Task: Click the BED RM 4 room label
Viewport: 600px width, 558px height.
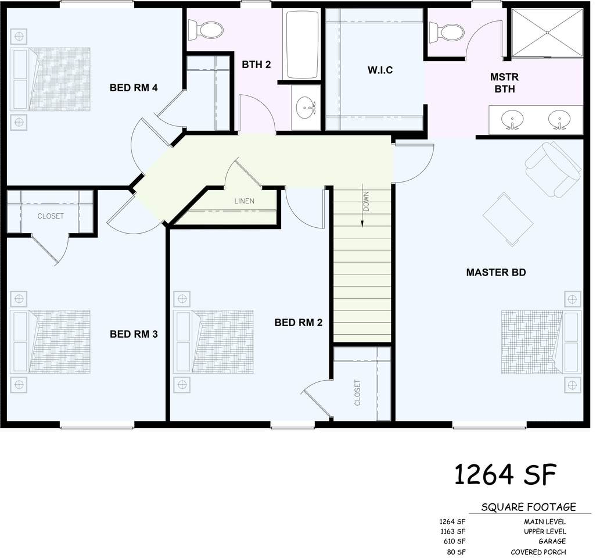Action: click(x=134, y=88)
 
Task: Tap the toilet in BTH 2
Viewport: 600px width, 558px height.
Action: click(x=206, y=30)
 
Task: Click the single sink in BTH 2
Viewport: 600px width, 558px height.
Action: click(x=306, y=107)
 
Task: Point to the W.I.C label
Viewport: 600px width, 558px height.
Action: click(x=380, y=70)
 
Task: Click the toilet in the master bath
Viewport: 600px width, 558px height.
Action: click(x=447, y=33)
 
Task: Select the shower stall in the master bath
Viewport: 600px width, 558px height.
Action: click(x=547, y=33)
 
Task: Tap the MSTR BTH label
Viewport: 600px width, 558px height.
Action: click(x=504, y=83)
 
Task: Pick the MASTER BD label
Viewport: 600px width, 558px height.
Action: click(x=496, y=273)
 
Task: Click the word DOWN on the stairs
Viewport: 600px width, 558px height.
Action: click(x=366, y=202)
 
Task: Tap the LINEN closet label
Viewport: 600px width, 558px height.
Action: click(x=244, y=201)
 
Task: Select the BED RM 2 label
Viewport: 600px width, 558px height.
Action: click(x=299, y=323)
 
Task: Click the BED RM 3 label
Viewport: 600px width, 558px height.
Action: click(x=134, y=334)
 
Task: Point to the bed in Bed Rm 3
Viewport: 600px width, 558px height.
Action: click(x=50, y=342)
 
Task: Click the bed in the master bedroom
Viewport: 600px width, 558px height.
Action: click(x=541, y=342)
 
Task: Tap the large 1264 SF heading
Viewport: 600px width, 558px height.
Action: click(x=505, y=474)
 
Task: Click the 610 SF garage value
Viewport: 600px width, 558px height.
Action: click(x=455, y=542)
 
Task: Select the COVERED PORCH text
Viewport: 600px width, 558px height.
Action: click(x=538, y=552)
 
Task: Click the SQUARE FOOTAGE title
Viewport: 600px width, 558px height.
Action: click(x=529, y=507)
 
